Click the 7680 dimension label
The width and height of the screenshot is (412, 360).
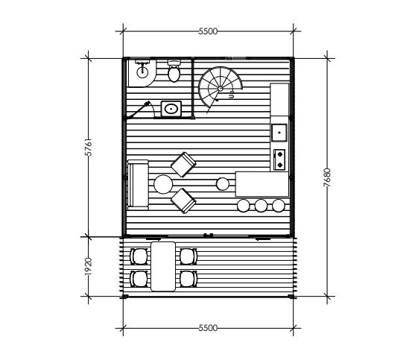[x=327, y=177]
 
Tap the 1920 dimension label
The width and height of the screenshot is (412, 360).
[x=89, y=266]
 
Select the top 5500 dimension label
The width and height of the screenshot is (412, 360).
[x=208, y=31]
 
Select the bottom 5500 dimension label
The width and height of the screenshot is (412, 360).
[x=208, y=328]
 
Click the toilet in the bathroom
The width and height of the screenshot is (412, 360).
[x=174, y=71]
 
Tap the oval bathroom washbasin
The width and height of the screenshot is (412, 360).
[x=171, y=109]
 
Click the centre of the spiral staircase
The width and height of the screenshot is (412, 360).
[x=221, y=89]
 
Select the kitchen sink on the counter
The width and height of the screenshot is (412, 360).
[x=279, y=133]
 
